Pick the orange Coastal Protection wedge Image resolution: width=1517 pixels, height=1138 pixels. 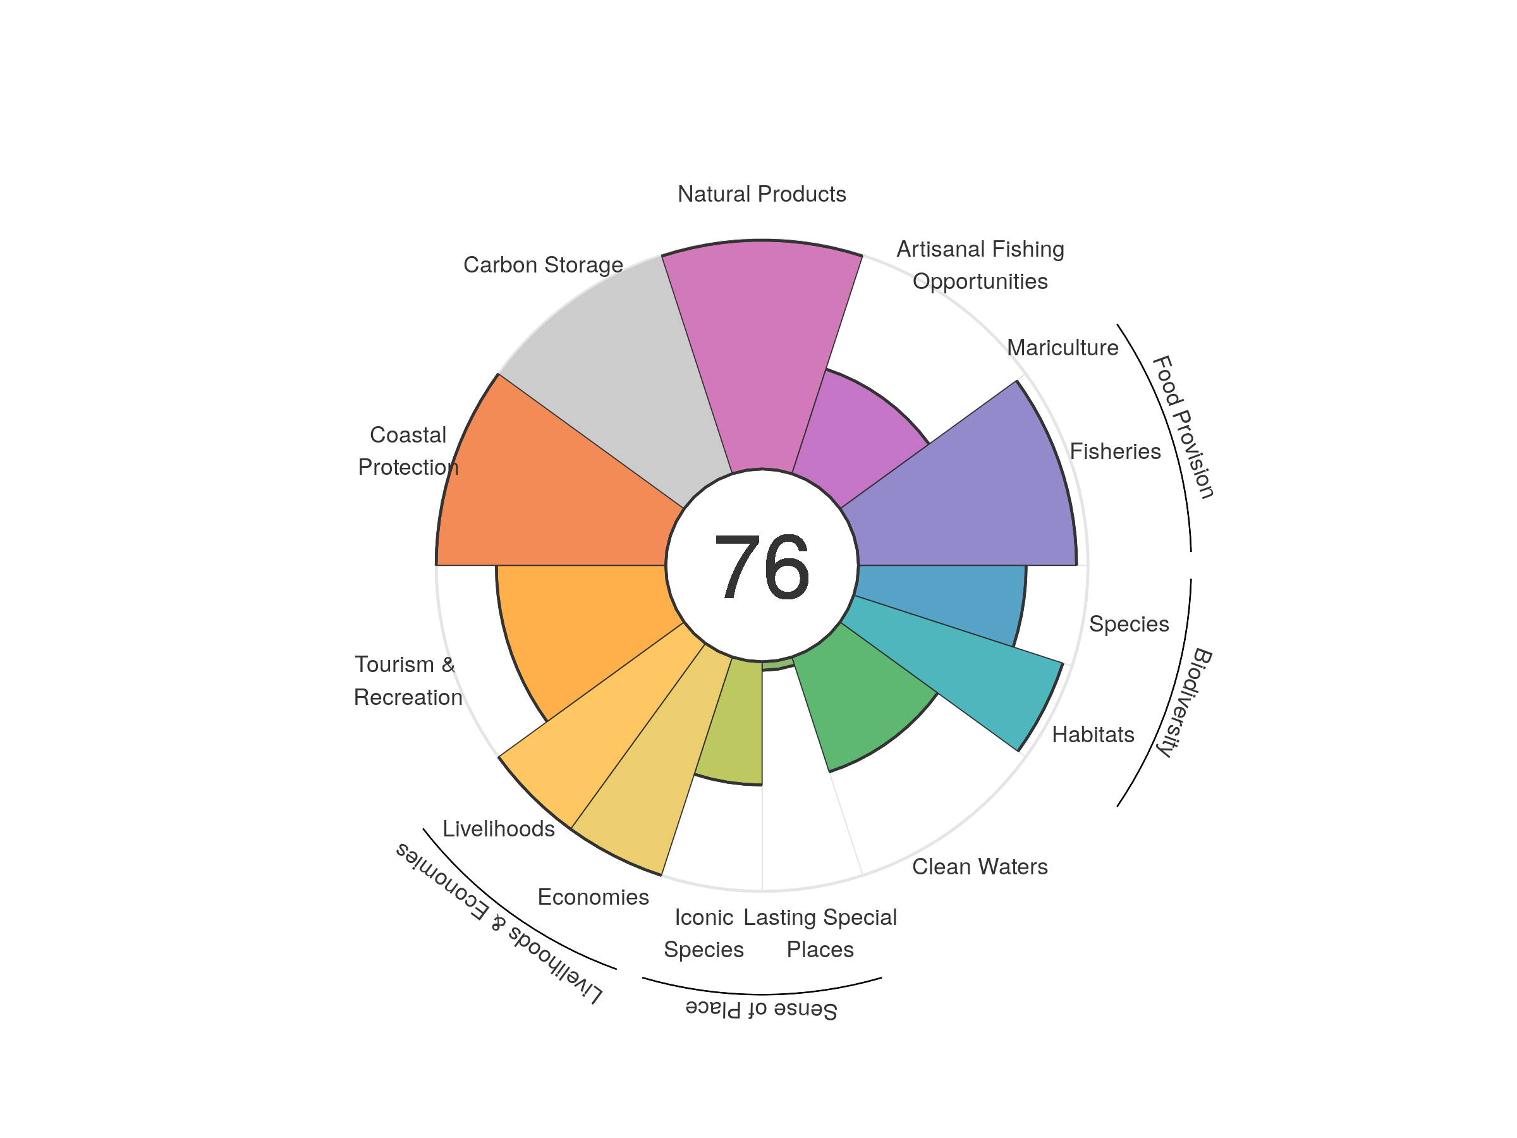coord(549,494)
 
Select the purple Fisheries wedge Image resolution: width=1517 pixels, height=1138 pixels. coord(974,494)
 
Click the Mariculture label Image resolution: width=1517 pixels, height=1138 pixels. coord(1063,348)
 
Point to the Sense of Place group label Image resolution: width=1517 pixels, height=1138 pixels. coord(761,1010)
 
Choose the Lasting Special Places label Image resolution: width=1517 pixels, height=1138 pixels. coord(820,933)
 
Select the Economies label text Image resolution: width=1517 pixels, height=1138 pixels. coord(592,896)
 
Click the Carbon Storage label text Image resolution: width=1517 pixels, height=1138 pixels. coord(542,265)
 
